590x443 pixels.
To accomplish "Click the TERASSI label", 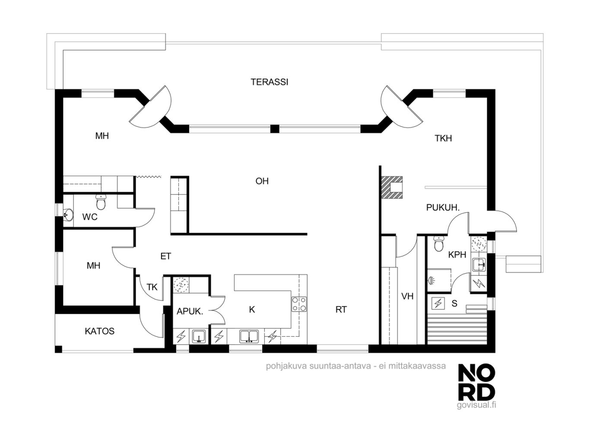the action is click(x=270, y=82).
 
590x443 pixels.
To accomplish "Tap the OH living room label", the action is click(x=262, y=181).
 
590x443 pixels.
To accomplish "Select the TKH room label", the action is click(x=443, y=139).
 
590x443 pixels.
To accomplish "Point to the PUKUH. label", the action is click(x=443, y=207).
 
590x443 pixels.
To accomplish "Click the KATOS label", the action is click(x=99, y=331).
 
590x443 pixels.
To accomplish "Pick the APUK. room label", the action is click(x=190, y=312).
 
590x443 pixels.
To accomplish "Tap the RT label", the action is click(x=341, y=309).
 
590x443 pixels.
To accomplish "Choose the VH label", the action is click(x=407, y=296).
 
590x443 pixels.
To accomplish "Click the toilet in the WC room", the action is click(x=101, y=202).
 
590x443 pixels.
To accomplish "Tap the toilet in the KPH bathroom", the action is click(x=439, y=244).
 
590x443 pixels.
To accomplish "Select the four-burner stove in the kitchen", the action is click(x=299, y=304).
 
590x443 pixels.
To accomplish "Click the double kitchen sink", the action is click(x=249, y=337).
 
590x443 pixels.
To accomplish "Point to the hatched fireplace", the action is click(x=392, y=188).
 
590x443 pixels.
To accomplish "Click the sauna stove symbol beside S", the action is click(x=438, y=303).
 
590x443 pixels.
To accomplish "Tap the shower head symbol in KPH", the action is click(x=431, y=280).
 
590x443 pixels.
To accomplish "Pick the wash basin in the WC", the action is click(x=68, y=215).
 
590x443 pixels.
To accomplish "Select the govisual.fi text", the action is click(x=476, y=405).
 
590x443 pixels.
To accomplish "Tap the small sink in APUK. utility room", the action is click(x=199, y=337).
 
